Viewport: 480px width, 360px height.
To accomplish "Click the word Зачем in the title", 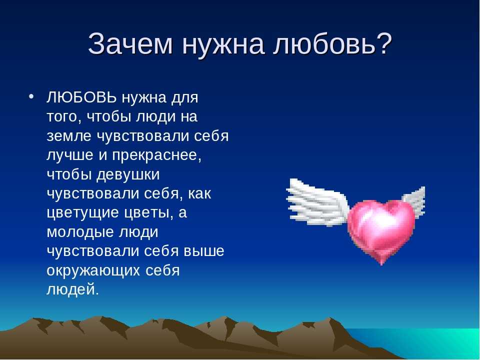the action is (130, 44).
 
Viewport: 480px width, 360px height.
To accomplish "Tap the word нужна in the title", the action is (223, 44).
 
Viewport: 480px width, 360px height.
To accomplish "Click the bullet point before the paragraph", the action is (30, 96).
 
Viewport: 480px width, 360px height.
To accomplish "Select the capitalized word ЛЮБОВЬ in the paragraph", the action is (81, 97).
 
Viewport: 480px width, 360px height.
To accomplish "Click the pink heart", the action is (381, 229).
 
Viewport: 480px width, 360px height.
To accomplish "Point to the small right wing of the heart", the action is (415, 200).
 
